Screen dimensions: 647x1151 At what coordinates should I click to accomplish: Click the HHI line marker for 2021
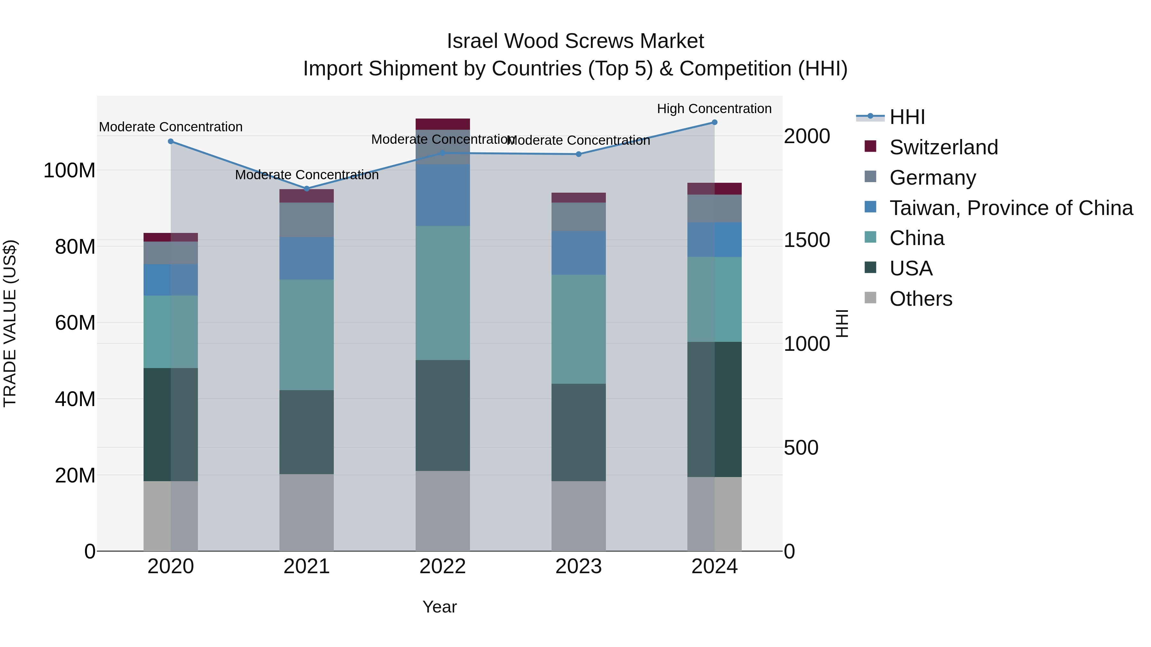coord(307,189)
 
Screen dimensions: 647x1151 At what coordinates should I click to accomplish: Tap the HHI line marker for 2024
coord(715,122)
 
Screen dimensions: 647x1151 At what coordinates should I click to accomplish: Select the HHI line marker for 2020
coord(171,142)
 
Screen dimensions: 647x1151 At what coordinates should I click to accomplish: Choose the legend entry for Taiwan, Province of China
coord(1011,208)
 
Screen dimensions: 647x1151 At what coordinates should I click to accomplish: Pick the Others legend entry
coord(920,299)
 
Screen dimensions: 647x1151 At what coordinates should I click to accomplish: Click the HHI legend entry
coord(907,117)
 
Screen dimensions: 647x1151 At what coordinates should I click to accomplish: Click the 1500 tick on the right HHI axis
coord(807,240)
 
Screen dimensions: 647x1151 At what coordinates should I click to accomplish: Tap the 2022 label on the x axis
coord(442,566)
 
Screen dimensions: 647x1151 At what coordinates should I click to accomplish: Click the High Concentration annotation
coord(714,109)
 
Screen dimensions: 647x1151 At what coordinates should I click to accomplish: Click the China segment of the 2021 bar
coord(307,335)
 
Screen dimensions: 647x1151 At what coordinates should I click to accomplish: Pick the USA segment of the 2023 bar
coord(579,432)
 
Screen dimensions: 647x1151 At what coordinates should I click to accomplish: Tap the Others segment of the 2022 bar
coord(442,511)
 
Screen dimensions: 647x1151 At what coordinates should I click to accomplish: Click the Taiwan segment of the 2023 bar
coord(579,253)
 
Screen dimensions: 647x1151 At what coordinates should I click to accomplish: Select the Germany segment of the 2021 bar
coord(307,220)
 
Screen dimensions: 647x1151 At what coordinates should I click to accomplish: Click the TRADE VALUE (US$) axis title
coord(10,323)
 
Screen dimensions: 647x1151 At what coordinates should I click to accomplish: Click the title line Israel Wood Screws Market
coord(575,41)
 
